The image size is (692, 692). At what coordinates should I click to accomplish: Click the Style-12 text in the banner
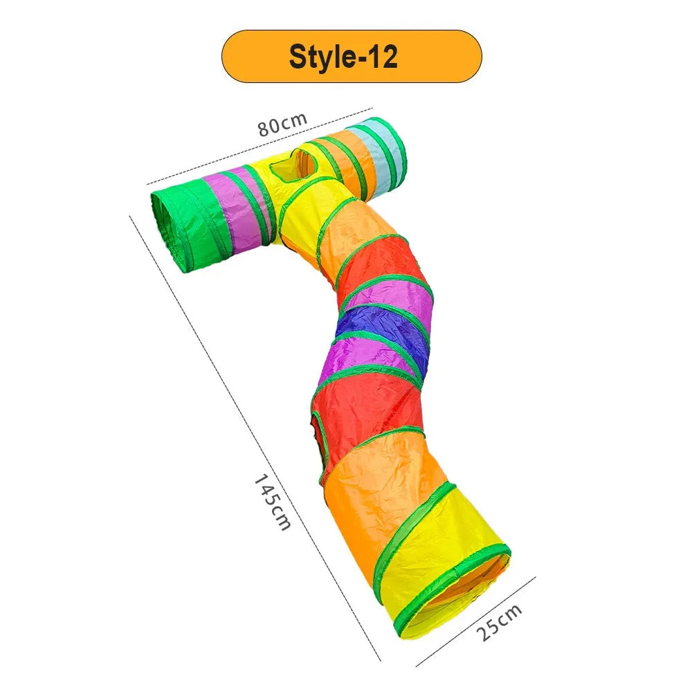coord(343,57)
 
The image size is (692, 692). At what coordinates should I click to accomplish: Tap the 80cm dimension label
coord(282,124)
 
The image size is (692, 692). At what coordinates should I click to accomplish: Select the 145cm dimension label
coord(272,501)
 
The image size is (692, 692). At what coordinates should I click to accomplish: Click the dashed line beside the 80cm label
coord(260,145)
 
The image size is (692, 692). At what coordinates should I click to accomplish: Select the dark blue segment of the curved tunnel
coord(382,329)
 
